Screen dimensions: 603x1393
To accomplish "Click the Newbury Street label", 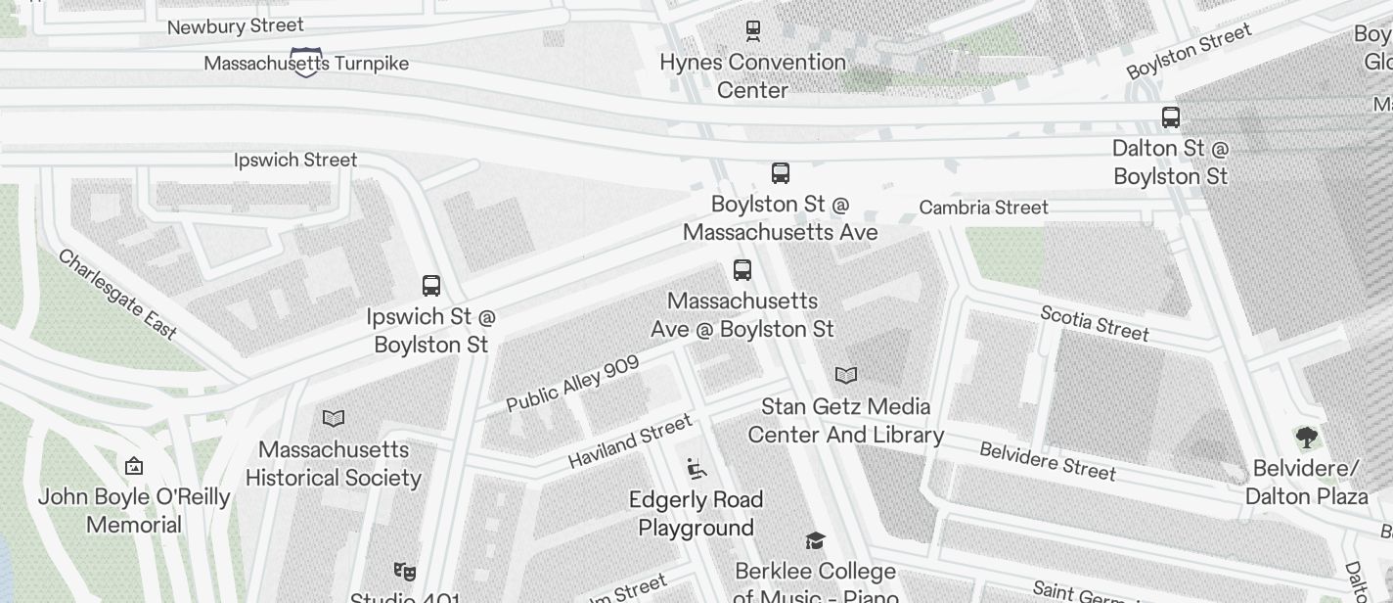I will tap(235, 26).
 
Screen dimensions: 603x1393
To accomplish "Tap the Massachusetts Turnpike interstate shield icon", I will tap(305, 62).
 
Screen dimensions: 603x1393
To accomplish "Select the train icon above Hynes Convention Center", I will tap(752, 31).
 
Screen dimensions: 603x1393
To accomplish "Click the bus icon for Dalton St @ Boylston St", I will tap(1170, 117).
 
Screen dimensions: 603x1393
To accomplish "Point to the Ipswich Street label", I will tap(295, 160).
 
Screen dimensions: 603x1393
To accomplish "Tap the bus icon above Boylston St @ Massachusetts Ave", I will tap(780, 173).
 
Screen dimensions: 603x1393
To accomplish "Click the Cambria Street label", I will tap(983, 208).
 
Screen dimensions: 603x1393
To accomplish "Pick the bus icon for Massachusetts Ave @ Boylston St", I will tap(742, 270).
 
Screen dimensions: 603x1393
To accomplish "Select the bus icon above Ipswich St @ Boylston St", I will tap(430, 286).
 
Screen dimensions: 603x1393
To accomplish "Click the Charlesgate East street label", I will tap(117, 295).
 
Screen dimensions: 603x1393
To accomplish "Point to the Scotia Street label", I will tap(1094, 323).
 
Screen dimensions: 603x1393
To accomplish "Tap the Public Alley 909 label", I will tap(572, 384).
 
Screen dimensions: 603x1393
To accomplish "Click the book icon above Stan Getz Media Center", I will tap(846, 375).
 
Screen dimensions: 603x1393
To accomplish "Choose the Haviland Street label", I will tap(629, 441).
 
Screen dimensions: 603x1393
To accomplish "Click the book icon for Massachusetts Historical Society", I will tap(334, 419).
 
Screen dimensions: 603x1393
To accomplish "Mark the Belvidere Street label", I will tap(1048, 461).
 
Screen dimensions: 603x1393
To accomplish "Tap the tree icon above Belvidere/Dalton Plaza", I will tap(1306, 437).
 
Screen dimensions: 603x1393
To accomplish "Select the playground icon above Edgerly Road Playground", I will tap(696, 470).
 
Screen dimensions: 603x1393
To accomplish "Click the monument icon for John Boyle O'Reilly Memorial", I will tap(134, 466).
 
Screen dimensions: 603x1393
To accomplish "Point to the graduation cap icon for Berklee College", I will tap(815, 541).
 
